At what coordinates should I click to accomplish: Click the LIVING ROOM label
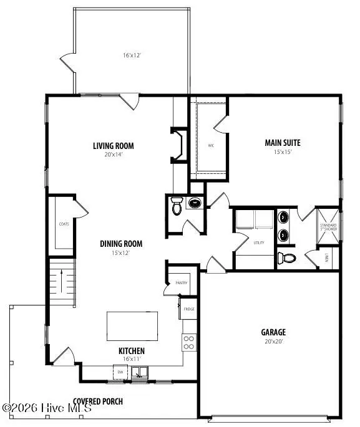click(x=114, y=146)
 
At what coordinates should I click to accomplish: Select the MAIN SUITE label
click(x=283, y=143)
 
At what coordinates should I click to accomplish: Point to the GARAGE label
click(x=273, y=332)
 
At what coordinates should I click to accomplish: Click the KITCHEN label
click(x=132, y=351)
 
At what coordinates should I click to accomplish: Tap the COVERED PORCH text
click(x=98, y=401)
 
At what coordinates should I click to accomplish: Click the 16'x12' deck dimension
click(x=132, y=55)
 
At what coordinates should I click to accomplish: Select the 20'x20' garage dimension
click(x=273, y=342)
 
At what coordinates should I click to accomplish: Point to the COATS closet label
click(x=64, y=223)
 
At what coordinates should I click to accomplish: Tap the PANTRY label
click(x=182, y=283)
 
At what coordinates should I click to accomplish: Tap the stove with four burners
click(x=188, y=342)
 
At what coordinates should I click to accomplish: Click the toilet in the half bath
click(x=177, y=207)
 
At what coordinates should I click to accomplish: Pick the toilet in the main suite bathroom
click(x=287, y=257)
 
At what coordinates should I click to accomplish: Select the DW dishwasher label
click(x=120, y=372)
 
